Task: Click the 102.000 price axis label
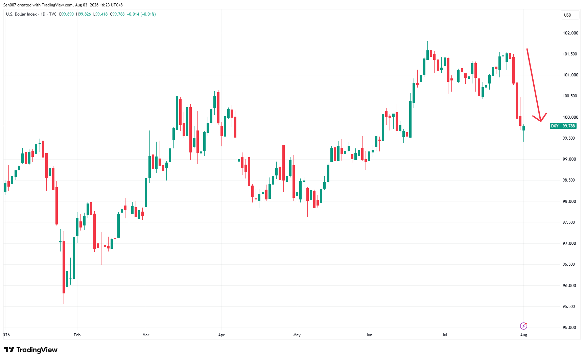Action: (570, 33)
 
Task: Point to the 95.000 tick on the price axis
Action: (569, 328)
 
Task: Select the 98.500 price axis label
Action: (569, 180)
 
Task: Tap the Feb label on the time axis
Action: (77, 335)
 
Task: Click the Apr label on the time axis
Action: (221, 335)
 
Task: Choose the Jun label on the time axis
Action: (369, 335)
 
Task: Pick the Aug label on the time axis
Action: (523, 335)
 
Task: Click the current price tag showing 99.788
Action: (569, 126)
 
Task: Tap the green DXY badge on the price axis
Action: (555, 126)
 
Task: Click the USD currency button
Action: (568, 15)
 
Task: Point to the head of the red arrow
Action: (541, 121)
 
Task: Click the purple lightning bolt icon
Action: (523, 326)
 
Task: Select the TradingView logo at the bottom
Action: (31, 350)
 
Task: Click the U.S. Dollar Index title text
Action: (21, 14)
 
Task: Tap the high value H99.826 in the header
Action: (84, 14)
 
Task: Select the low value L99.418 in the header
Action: (100, 14)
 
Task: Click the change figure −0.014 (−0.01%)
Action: (141, 14)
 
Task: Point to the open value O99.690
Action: (66, 14)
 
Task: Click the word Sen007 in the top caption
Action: (9, 5)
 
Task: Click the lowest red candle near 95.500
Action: (64, 267)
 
